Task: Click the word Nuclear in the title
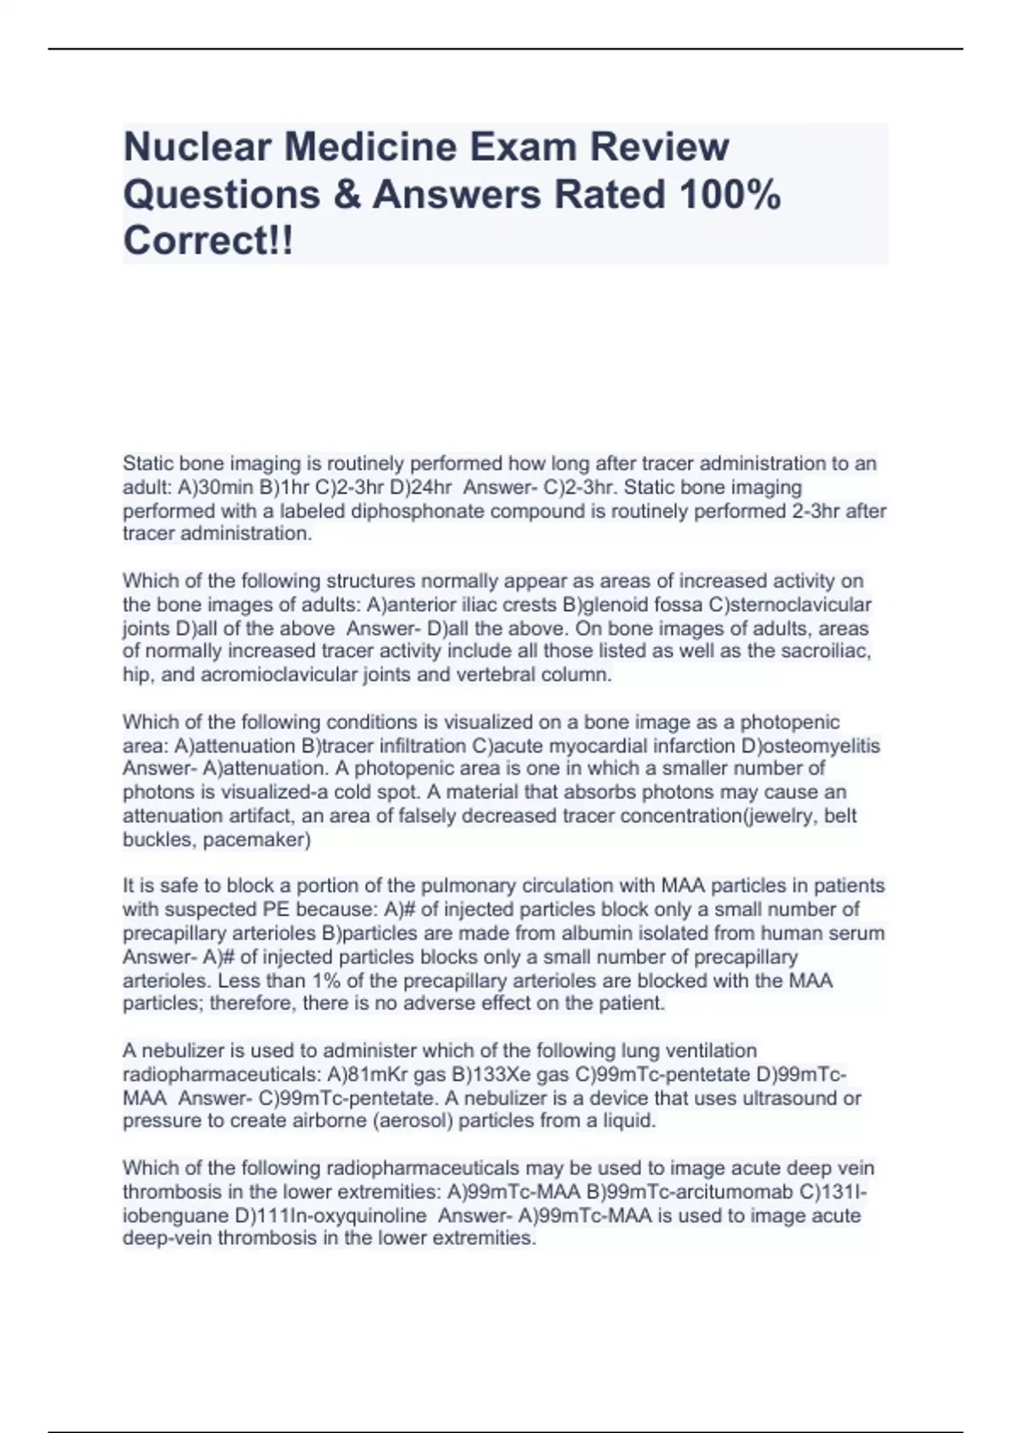tap(198, 147)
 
